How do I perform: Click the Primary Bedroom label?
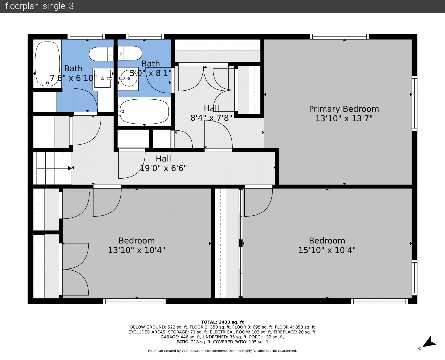click(344, 109)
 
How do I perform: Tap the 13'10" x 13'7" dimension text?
click(344, 118)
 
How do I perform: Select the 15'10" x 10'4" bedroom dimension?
click(327, 250)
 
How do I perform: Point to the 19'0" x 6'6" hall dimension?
click(163, 168)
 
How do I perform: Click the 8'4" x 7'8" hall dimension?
click(211, 118)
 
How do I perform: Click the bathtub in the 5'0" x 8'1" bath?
click(144, 112)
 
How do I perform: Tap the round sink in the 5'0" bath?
click(129, 78)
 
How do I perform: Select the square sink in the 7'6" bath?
click(103, 79)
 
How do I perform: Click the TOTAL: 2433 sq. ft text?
click(222, 322)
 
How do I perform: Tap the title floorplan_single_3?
click(39, 6)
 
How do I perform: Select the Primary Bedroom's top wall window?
click(339, 37)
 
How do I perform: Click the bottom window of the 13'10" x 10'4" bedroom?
click(134, 301)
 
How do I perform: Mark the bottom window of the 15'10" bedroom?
click(379, 301)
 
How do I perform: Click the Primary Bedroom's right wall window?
click(414, 103)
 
